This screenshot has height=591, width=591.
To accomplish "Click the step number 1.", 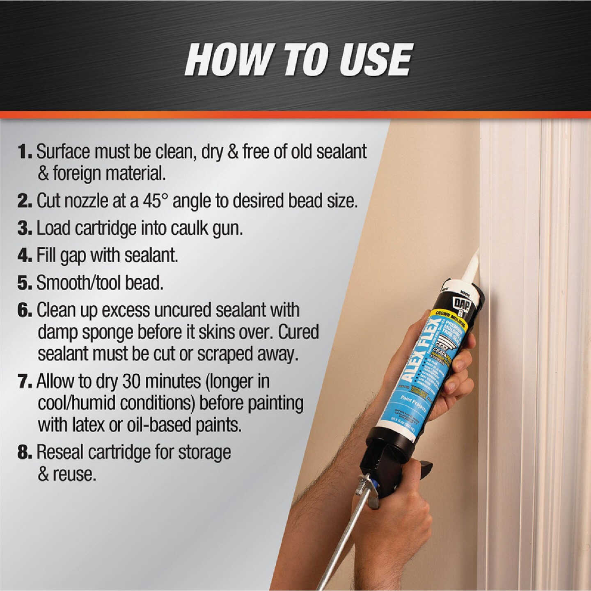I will pos(24,152).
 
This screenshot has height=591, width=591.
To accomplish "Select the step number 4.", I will pos(24,255).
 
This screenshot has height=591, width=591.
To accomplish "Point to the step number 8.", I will pos(24,452).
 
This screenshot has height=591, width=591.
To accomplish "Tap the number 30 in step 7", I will pos(131,382).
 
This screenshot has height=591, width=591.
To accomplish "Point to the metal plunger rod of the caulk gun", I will pos(345,534).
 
